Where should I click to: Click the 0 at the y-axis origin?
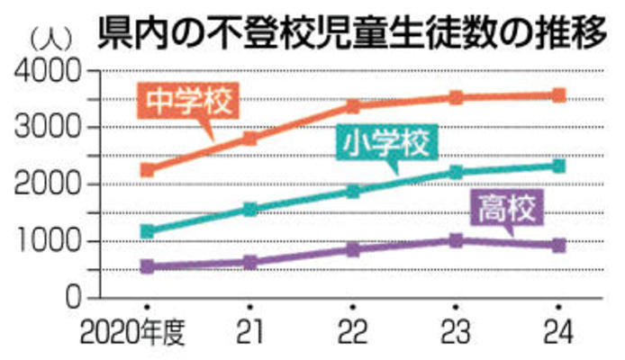point(73,298)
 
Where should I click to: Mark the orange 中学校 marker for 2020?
point(147,169)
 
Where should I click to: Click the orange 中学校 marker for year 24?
point(558,95)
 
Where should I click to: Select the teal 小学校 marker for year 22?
point(353,191)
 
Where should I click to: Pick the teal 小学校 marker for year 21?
point(249,210)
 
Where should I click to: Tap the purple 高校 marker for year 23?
point(456,240)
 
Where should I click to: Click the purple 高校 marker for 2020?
point(147,266)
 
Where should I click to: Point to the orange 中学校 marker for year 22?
point(353,106)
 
